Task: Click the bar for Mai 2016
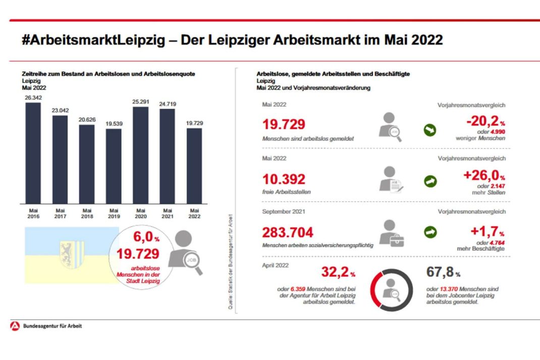[33, 152]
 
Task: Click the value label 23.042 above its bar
[60, 111]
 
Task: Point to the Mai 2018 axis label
[87, 214]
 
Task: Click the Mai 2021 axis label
[167, 214]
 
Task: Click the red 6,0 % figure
[146, 237]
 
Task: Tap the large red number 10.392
[284, 179]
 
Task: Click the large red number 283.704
[288, 232]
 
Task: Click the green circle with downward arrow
[429, 130]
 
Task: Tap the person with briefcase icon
[391, 233]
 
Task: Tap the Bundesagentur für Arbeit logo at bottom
[15, 326]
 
